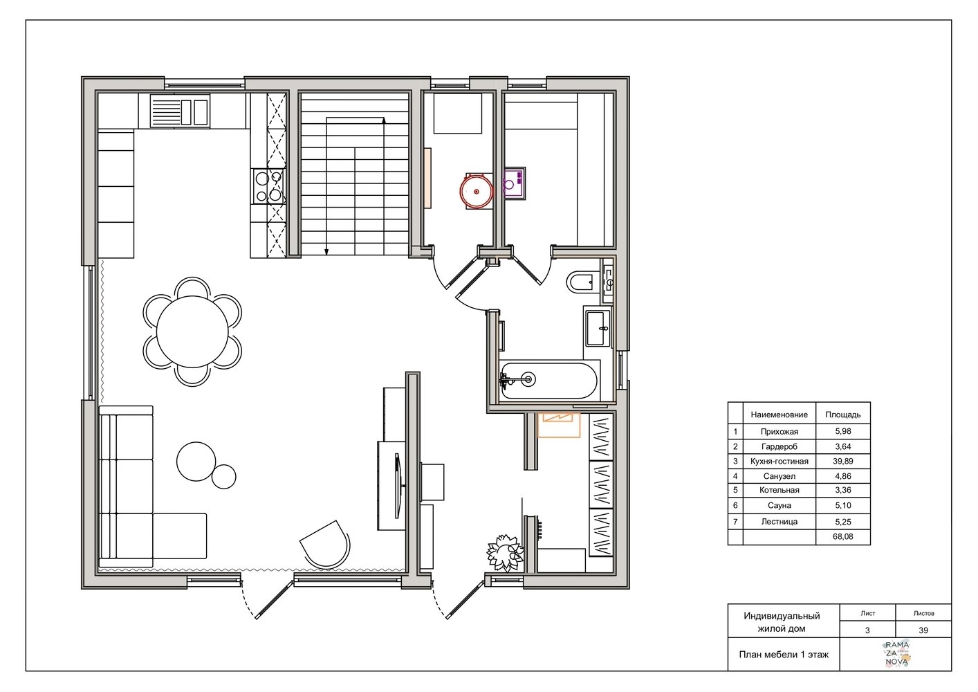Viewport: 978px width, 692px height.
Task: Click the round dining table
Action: click(x=192, y=331)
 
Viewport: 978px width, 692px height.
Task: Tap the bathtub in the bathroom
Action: click(x=548, y=380)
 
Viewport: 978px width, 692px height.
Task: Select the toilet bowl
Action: click(x=581, y=282)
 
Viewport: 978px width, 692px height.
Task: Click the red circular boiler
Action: click(x=477, y=192)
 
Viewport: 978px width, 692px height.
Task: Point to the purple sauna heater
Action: click(x=515, y=183)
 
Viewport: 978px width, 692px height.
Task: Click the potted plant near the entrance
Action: click(x=505, y=553)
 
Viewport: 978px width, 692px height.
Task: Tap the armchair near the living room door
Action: click(x=325, y=544)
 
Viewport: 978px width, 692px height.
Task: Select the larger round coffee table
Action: click(x=196, y=462)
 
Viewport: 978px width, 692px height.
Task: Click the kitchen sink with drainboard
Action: click(x=179, y=111)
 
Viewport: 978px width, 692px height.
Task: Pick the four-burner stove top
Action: click(x=268, y=187)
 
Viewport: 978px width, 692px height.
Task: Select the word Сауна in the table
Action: click(x=779, y=505)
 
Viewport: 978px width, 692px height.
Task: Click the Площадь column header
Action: click(x=842, y=415)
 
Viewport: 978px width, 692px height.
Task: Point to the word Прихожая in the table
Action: click(x=779, y=432)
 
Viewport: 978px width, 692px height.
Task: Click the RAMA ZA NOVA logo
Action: click(x=897, y=654)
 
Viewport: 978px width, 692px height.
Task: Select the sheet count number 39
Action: click(x=923, y=630)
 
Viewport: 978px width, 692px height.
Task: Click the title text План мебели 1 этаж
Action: click(x=784, y=655)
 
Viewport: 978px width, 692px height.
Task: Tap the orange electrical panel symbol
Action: click(x=558, y=424)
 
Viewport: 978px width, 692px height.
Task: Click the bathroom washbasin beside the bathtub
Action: click(x=598, y=327)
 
